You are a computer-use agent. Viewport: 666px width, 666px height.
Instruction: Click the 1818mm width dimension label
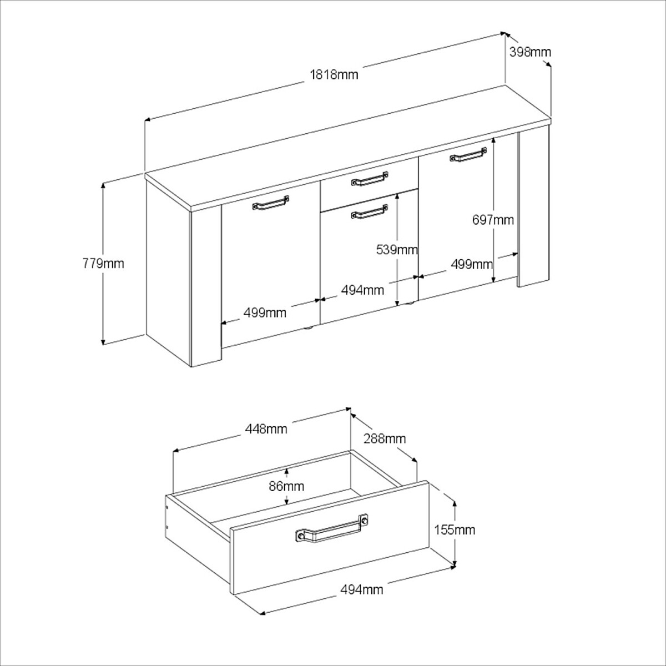[x=334, y=74]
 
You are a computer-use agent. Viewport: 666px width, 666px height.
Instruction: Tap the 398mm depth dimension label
[x=530, y=53]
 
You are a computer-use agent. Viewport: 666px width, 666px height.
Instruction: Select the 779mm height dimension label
[x=103, y=264]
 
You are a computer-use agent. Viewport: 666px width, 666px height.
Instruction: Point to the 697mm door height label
[x=493, y=220]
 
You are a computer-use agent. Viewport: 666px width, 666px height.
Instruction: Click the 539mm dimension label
[x=397, y=250]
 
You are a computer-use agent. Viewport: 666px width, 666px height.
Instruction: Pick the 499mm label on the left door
[x=265, y=313]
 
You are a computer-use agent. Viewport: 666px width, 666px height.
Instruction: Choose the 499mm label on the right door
[x=472, y=264]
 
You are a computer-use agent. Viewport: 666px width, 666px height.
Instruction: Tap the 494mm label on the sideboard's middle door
[x=362, y=290]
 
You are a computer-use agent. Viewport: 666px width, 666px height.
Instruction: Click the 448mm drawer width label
[x=266, y=429]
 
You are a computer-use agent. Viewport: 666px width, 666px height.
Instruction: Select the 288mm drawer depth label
[x=385, y=438]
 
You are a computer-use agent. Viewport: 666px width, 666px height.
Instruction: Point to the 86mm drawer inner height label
[x=286, y=486]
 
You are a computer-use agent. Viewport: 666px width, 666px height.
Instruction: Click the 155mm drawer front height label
[x=455, y=530]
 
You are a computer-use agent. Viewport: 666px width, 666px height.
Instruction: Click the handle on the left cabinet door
[x=271, y=203]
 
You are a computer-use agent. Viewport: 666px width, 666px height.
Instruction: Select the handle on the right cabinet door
[x=468, y=154]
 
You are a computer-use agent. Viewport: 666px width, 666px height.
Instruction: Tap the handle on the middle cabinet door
[x=370, y=211]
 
